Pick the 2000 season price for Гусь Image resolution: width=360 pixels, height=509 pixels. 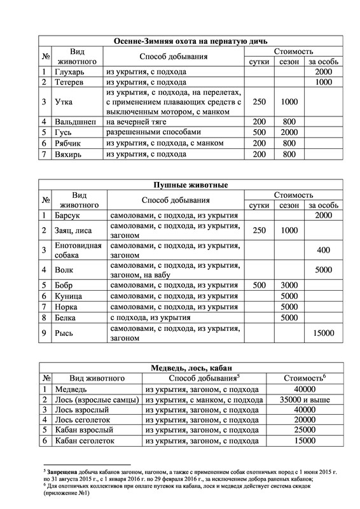[289, 132]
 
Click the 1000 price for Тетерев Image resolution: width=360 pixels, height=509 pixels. [324, 82]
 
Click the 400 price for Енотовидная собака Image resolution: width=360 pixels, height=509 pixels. [324, 249]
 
